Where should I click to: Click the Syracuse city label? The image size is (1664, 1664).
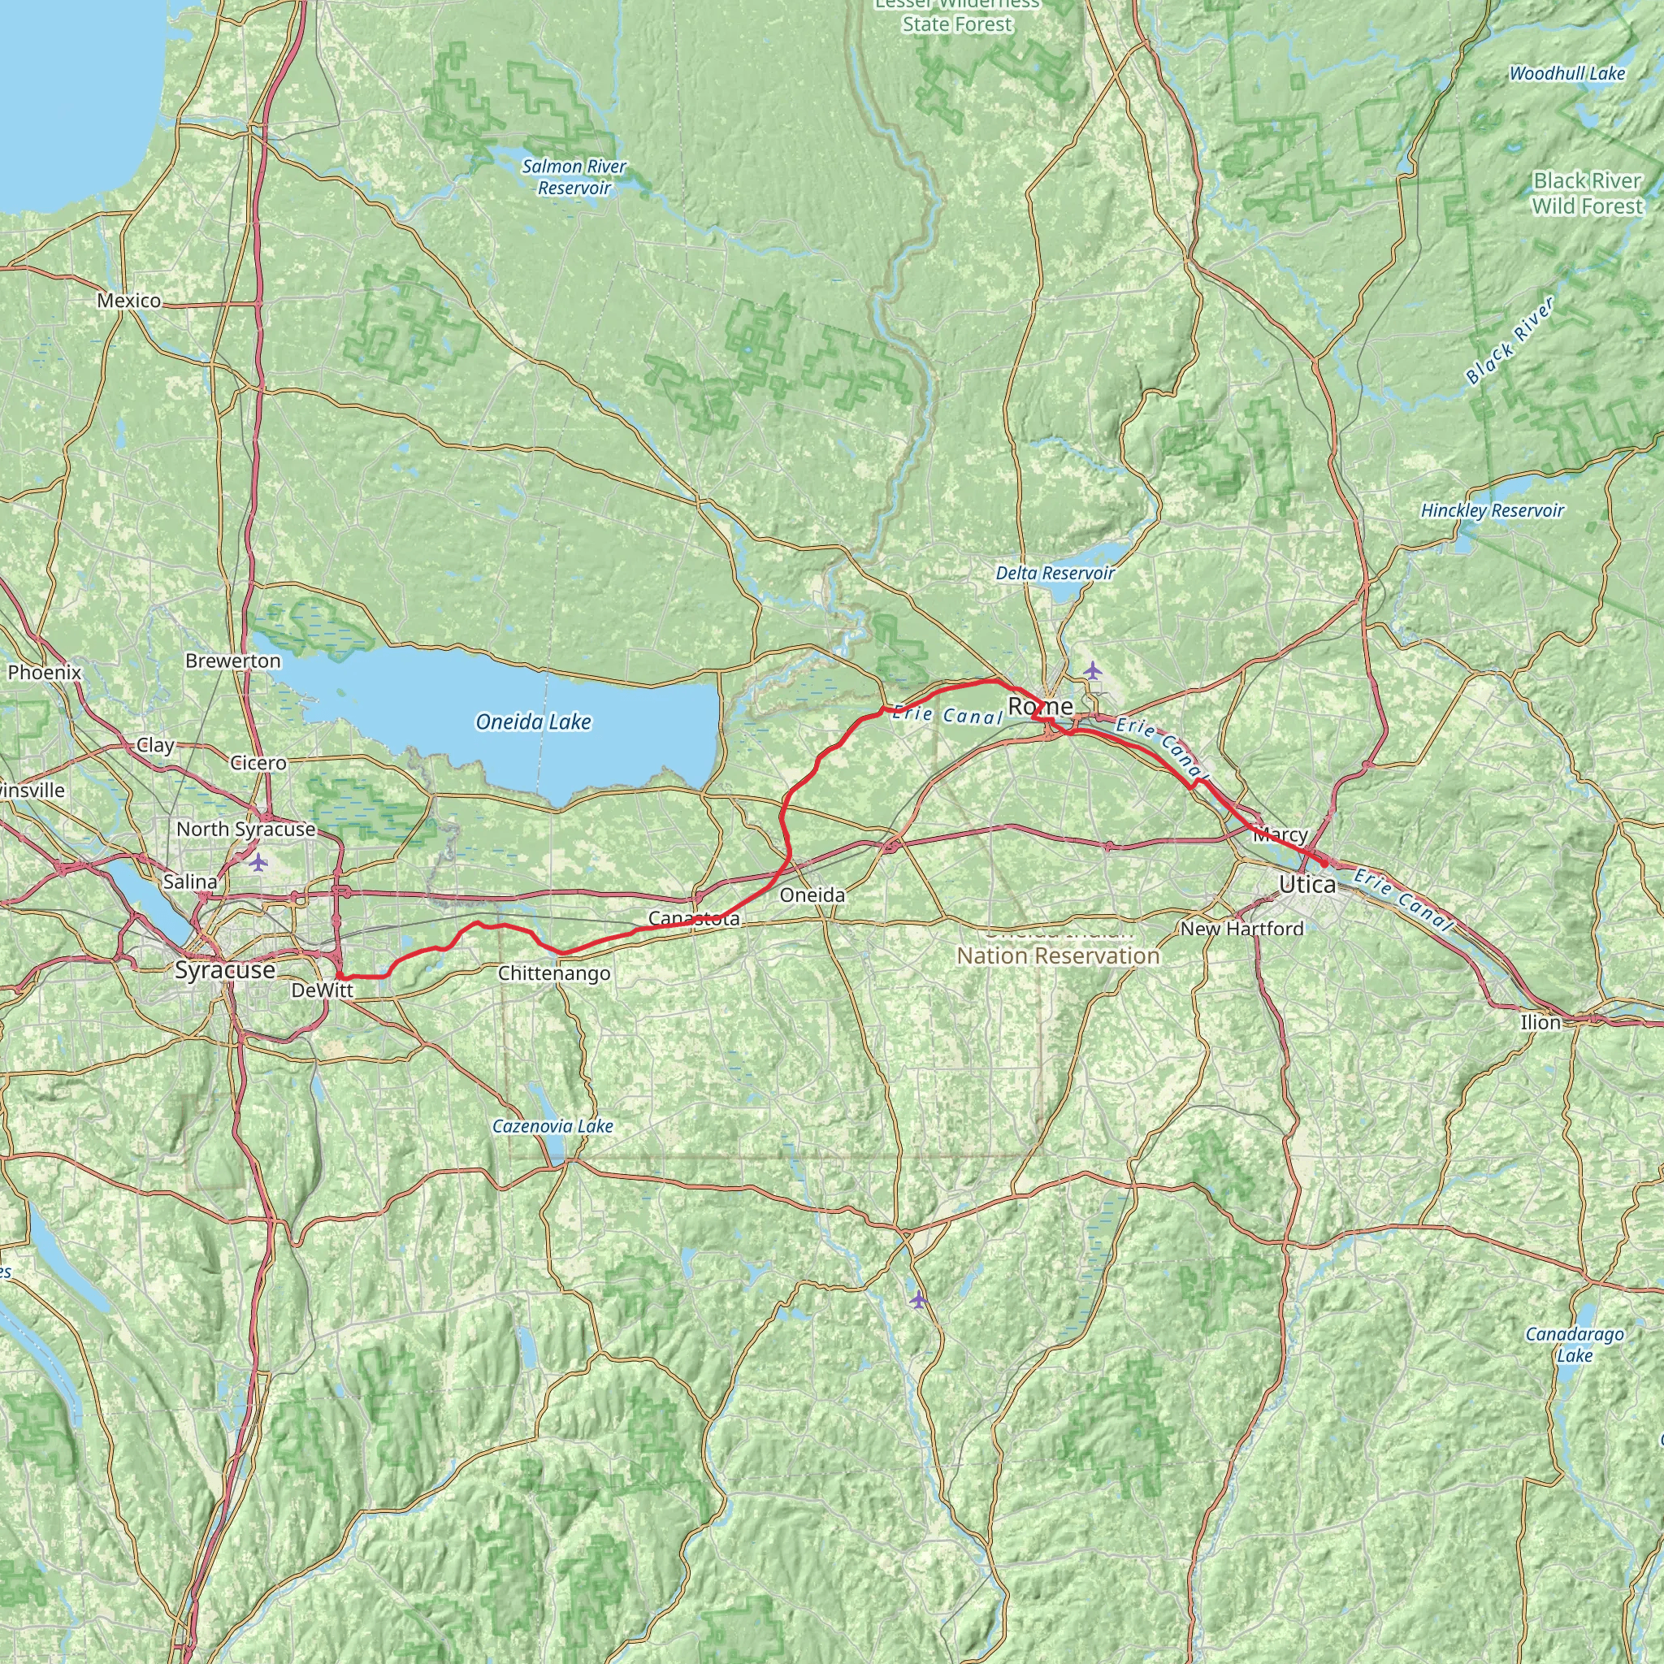tap(225, 970)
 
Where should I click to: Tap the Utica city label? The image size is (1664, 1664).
tap(1307, 885)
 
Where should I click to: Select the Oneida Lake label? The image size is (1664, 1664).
tap(533, 721)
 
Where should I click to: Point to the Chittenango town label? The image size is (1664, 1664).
tap(554, 973)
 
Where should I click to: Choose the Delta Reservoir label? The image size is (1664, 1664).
tap(1055, 573)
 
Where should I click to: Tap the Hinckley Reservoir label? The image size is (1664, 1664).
tap(1492, 510)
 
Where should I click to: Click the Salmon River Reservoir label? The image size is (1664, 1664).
tap(574, 176)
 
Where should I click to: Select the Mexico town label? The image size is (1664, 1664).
tap(128, 301)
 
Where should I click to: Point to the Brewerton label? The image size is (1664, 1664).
tap(232, 661)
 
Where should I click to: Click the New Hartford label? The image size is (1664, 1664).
tap(1241, 929)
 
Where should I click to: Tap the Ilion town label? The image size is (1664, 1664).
tap(1540, 1022)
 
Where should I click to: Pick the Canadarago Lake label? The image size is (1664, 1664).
tap(1575, 1344)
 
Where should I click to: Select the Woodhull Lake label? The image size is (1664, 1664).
tap(1566, 73)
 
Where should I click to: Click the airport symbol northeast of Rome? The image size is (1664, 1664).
tap(1092, 669)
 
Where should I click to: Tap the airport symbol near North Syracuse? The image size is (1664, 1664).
tap(258, 861)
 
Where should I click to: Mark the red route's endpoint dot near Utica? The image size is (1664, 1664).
tap(1324, 862)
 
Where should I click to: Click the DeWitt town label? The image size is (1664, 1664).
tap(322, 991)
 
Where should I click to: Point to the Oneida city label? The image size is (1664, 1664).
tap(812, 895)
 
